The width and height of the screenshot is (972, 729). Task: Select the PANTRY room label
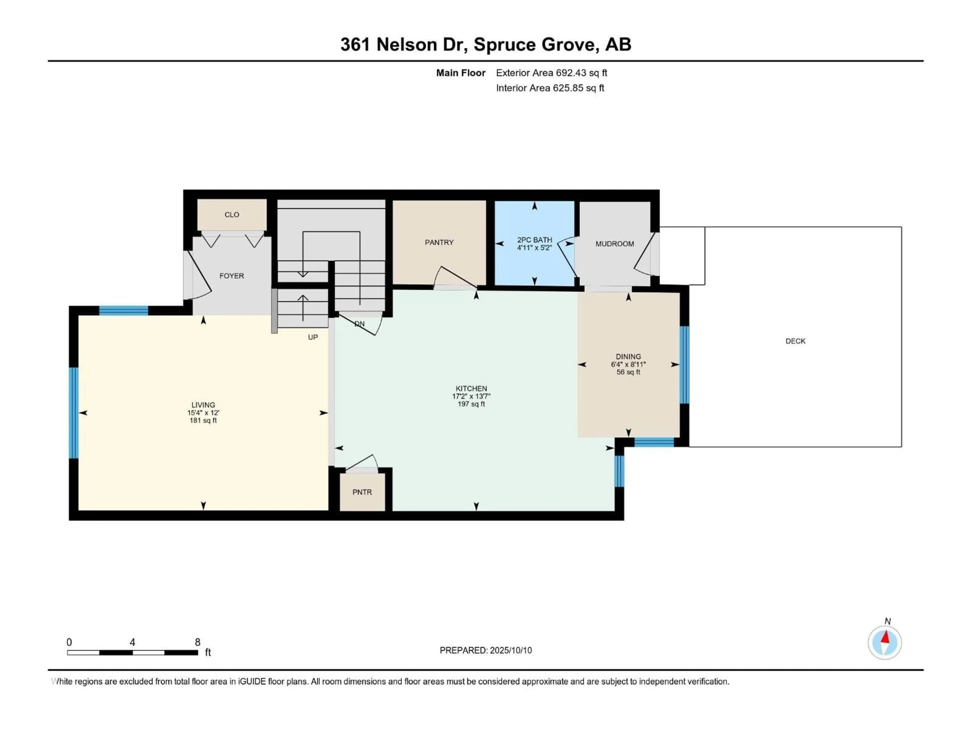439,242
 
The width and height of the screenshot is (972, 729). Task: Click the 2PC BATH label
534,240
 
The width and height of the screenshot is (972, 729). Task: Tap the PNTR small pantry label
362,492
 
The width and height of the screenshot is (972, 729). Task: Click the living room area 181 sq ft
203,420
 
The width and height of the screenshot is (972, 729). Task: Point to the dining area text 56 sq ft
628,372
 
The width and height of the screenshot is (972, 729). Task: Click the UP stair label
313,337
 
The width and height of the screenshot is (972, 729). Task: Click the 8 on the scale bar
198,642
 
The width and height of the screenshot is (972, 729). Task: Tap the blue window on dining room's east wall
684,365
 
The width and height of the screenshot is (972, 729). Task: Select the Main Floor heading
460,73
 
